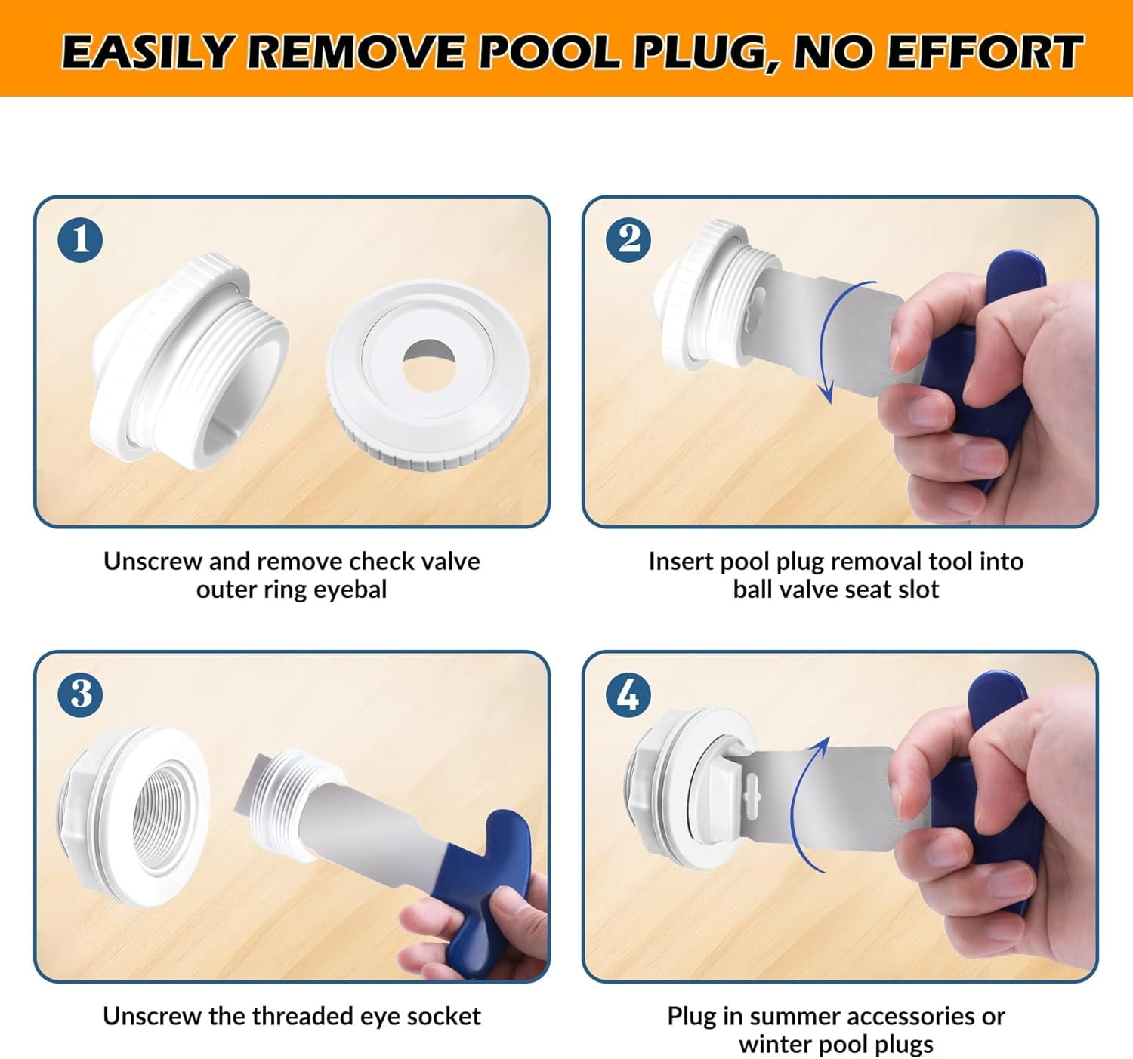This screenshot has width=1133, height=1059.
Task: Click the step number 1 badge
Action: [x=80, y=239]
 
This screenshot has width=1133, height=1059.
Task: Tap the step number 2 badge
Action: [x=628, y=239]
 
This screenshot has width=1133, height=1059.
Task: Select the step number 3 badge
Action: [x=80, y=694]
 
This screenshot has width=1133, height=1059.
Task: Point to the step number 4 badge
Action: [x=628, y=694]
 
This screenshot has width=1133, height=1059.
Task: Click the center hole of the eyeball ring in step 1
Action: [x=429, y=365]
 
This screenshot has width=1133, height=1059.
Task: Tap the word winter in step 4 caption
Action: [x=775, y=1045]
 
